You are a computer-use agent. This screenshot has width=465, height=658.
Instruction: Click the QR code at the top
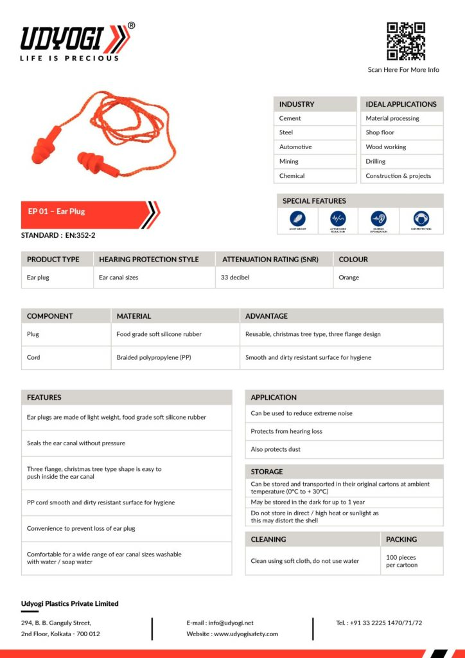[406, 41]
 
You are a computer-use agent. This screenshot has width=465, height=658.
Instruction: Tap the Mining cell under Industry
[289, 161]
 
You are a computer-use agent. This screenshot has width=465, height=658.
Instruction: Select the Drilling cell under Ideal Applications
[376, 161]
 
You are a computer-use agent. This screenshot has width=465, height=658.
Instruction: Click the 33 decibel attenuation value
[235, 278]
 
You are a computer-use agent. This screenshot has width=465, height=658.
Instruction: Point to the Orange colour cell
[349, 278]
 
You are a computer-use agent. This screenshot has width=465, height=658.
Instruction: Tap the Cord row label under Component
[33, 357]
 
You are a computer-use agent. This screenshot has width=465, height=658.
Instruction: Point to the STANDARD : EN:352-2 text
[58, 235]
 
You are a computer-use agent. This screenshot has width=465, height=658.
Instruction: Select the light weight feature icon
[297, 219]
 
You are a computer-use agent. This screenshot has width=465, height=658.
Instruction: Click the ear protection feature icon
[421, 219]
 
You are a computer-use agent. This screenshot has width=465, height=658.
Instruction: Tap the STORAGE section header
[267, 472]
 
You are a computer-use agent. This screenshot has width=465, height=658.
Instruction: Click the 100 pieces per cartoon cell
[402, 561]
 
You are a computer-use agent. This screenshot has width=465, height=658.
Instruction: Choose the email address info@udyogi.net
[230, 623]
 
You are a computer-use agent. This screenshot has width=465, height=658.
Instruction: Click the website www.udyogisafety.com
[246, 634]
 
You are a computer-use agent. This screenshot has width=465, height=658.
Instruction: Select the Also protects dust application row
[276, 449]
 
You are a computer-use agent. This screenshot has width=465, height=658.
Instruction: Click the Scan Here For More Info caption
[403, 69]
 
